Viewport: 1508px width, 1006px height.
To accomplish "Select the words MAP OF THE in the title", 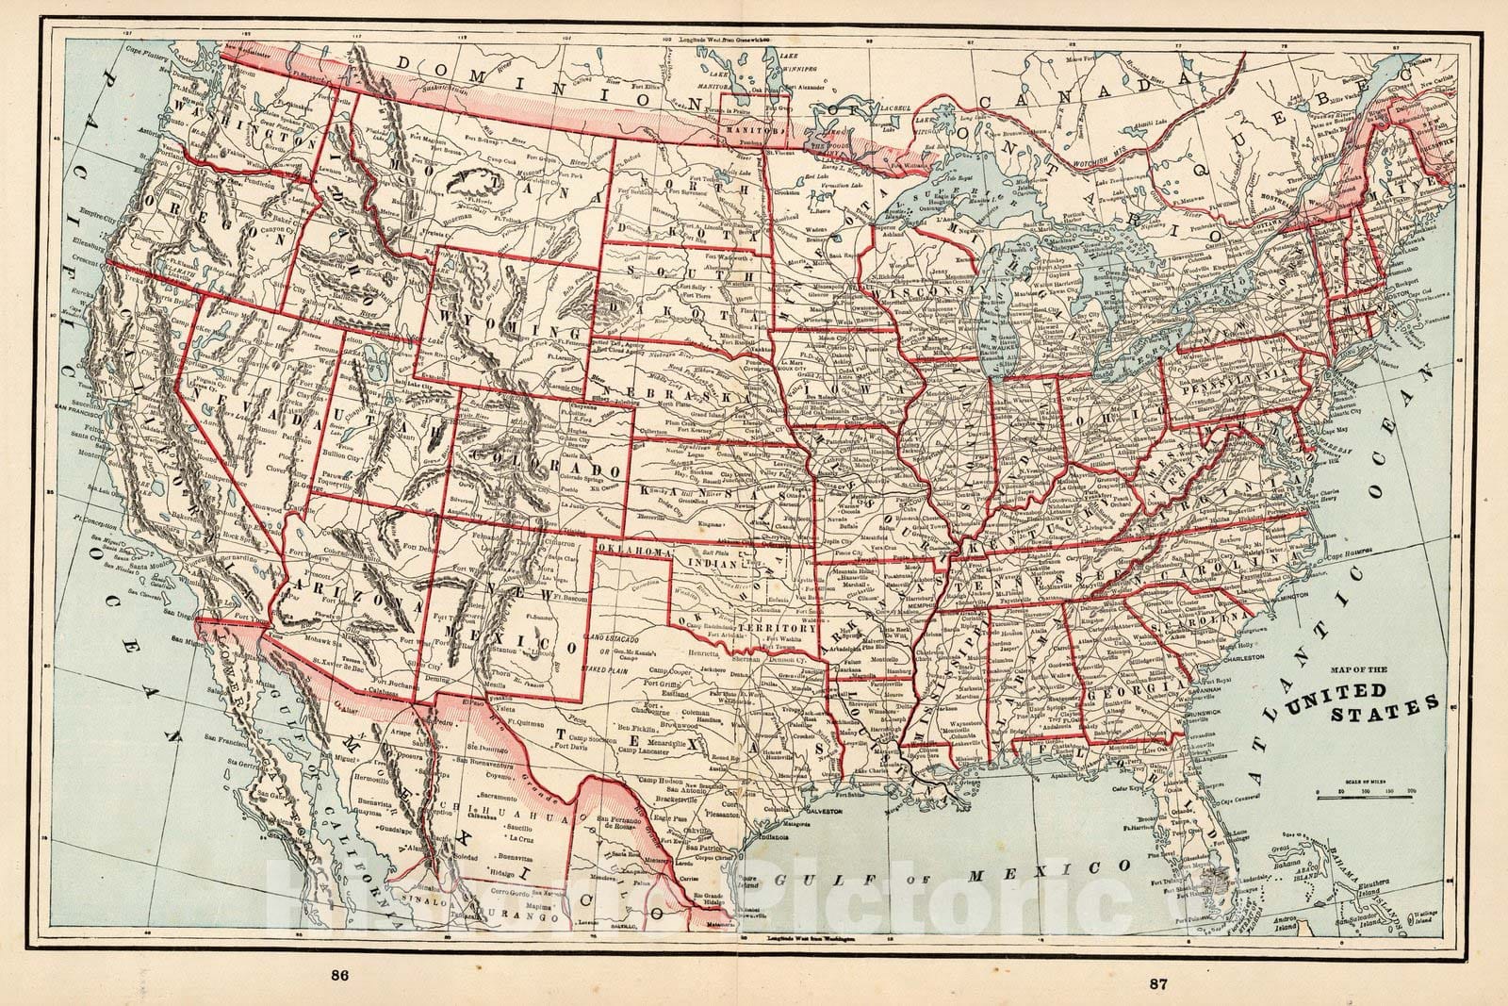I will (1357, 670).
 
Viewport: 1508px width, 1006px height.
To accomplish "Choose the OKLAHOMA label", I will (629, 549).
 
